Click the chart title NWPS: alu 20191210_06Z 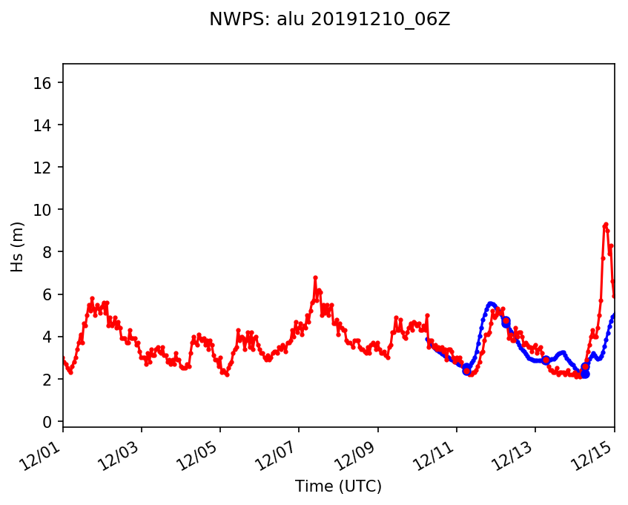tap(329, 20)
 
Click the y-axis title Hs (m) tap(17, 245)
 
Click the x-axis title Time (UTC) tap(338, 486)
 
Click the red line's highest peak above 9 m tap(606, 224)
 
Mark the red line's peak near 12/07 tap(315, 277)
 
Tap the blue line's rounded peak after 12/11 tap(490, 303)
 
